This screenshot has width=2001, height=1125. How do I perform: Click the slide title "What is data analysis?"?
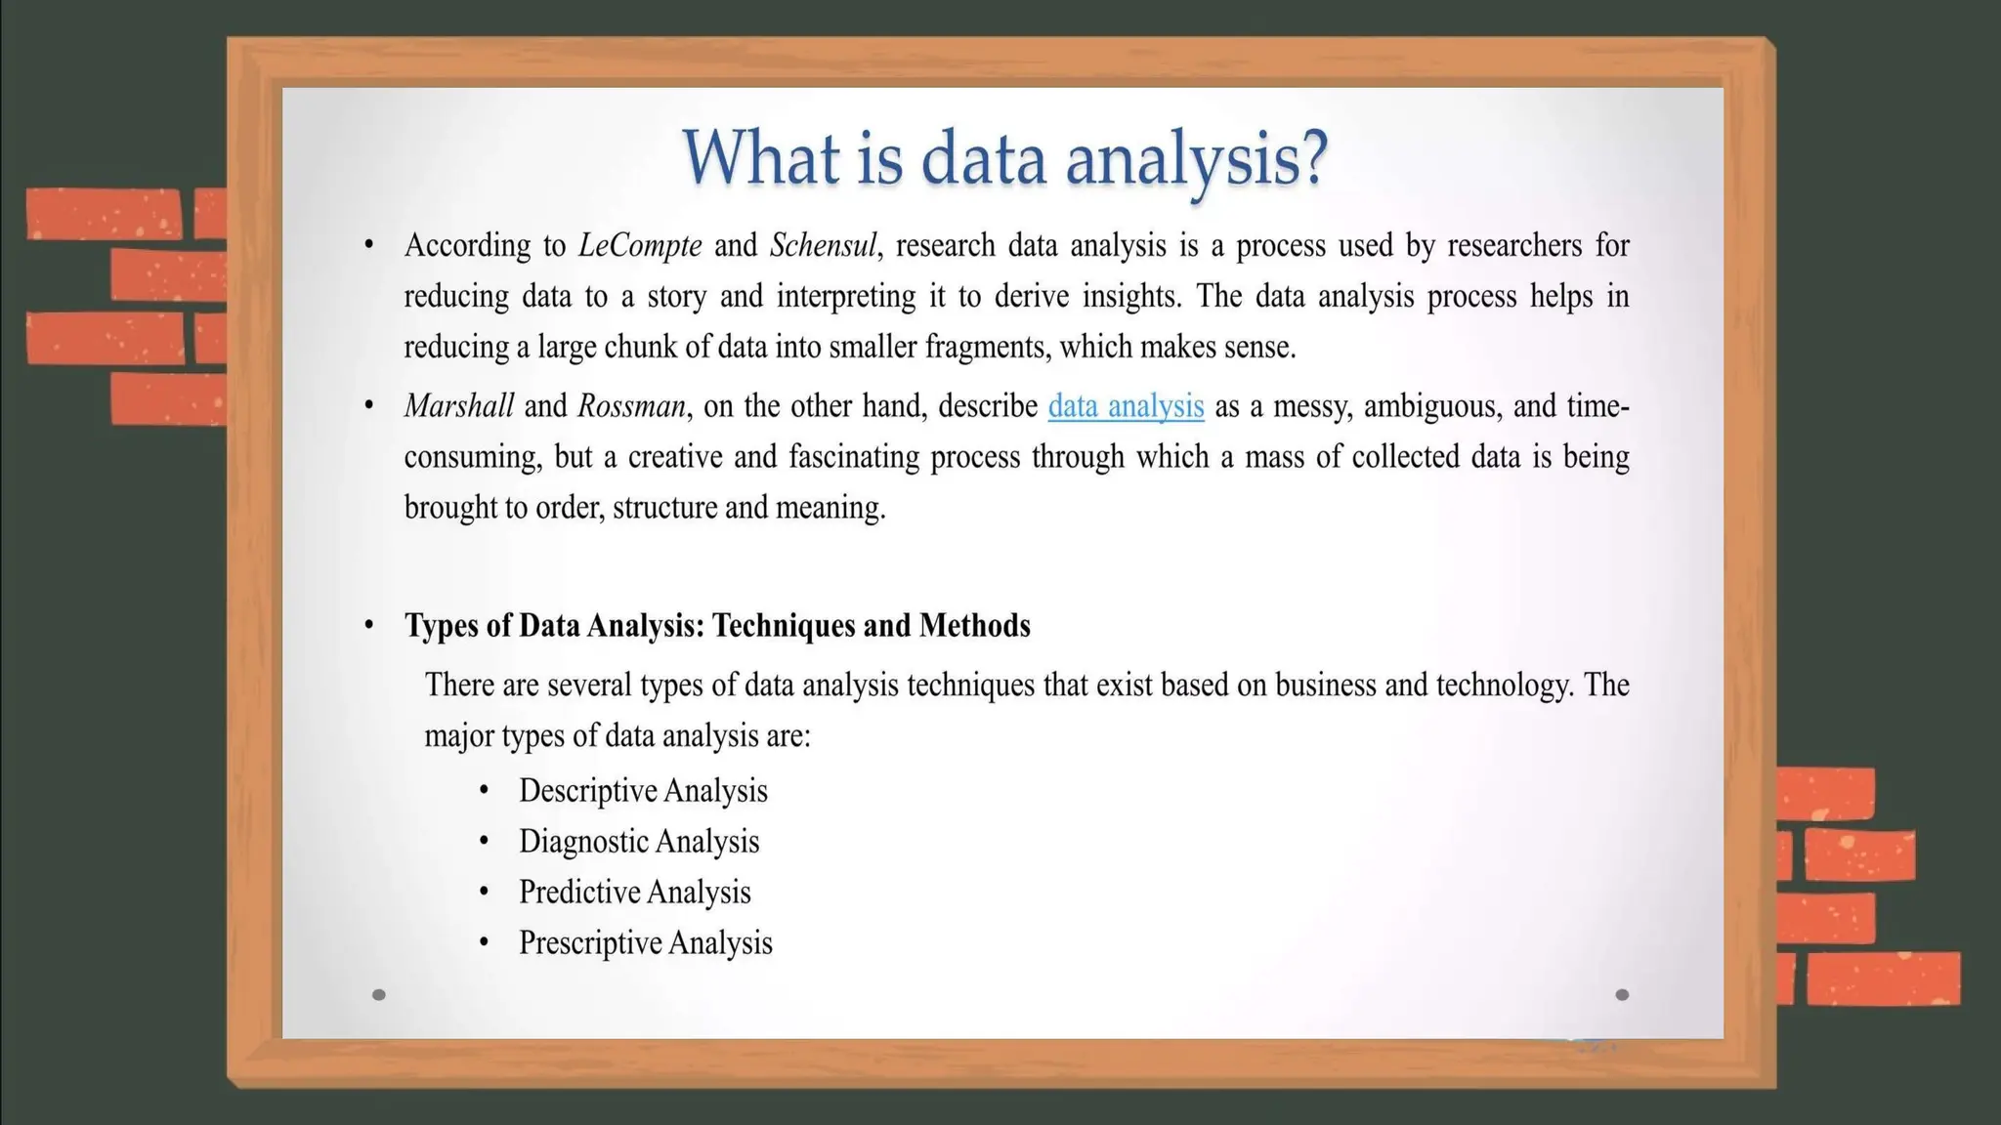[x=1004, y=158]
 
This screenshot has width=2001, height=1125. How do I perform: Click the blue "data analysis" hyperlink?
[x=1126, y=406]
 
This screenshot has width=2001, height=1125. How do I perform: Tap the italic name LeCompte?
[x=640, y=245]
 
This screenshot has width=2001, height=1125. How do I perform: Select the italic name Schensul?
[x=823, y=245]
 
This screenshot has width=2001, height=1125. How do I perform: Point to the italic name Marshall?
[x=458, y=406]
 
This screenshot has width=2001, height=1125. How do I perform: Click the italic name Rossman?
[x=631, y=406]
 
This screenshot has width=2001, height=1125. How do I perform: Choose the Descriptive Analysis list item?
[x=643, y=791]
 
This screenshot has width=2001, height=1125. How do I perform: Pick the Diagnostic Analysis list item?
[x=639, y=842]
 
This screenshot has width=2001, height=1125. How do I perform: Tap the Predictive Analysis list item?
[x=635, y=893]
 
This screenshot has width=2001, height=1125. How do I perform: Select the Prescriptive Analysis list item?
[x=646, y=943]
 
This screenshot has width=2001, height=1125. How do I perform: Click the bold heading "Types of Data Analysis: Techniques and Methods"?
[x=717, y=626]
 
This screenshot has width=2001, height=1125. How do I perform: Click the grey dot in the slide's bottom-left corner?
[x=379, y=995]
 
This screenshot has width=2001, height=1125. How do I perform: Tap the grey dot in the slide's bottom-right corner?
[x=1622, y=995]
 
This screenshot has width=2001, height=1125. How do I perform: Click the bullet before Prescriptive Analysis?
[x=484, y=943]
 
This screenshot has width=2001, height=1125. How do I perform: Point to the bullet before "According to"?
[x=368, y=245]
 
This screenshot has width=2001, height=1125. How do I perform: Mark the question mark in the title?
[x=1312, y=158]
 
